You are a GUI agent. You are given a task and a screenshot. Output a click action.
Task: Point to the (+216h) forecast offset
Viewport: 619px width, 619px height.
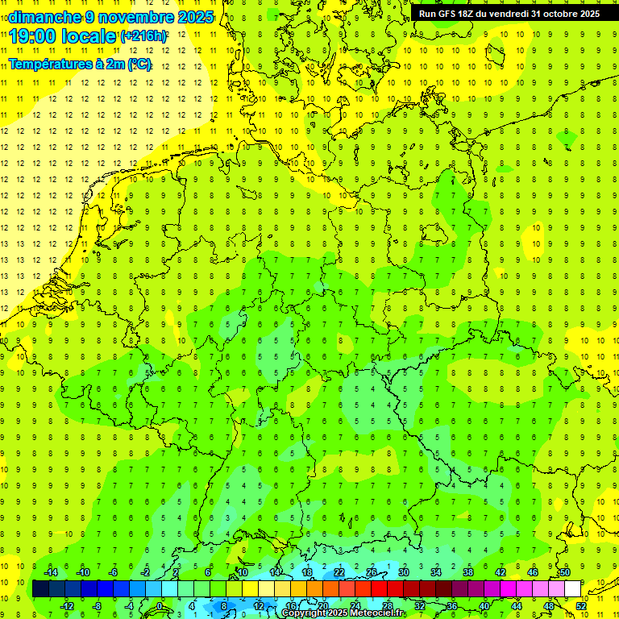[x=144, y=36]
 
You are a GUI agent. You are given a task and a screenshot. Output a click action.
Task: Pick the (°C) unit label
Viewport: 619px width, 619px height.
[x=139, y=64]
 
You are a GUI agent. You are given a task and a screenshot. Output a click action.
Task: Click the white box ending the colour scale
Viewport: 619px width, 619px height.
[x=572, y=589]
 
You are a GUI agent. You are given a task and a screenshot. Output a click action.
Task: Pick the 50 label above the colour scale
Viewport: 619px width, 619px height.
[x=565, y=572]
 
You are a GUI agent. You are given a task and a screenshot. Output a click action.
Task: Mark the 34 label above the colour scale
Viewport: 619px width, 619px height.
[x=436, y=572]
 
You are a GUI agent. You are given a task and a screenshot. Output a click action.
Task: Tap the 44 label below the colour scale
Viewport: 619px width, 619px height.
[x=517, y=605]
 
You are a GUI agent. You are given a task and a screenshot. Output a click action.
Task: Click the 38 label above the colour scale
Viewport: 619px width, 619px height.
[x=468, y=572]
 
